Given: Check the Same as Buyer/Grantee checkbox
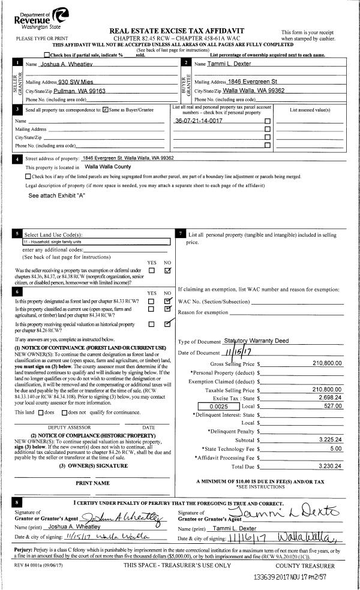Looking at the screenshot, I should pos(106,110).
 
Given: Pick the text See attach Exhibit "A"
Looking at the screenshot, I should pos(57,195).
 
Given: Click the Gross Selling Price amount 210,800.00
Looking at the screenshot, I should pos(327,363).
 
